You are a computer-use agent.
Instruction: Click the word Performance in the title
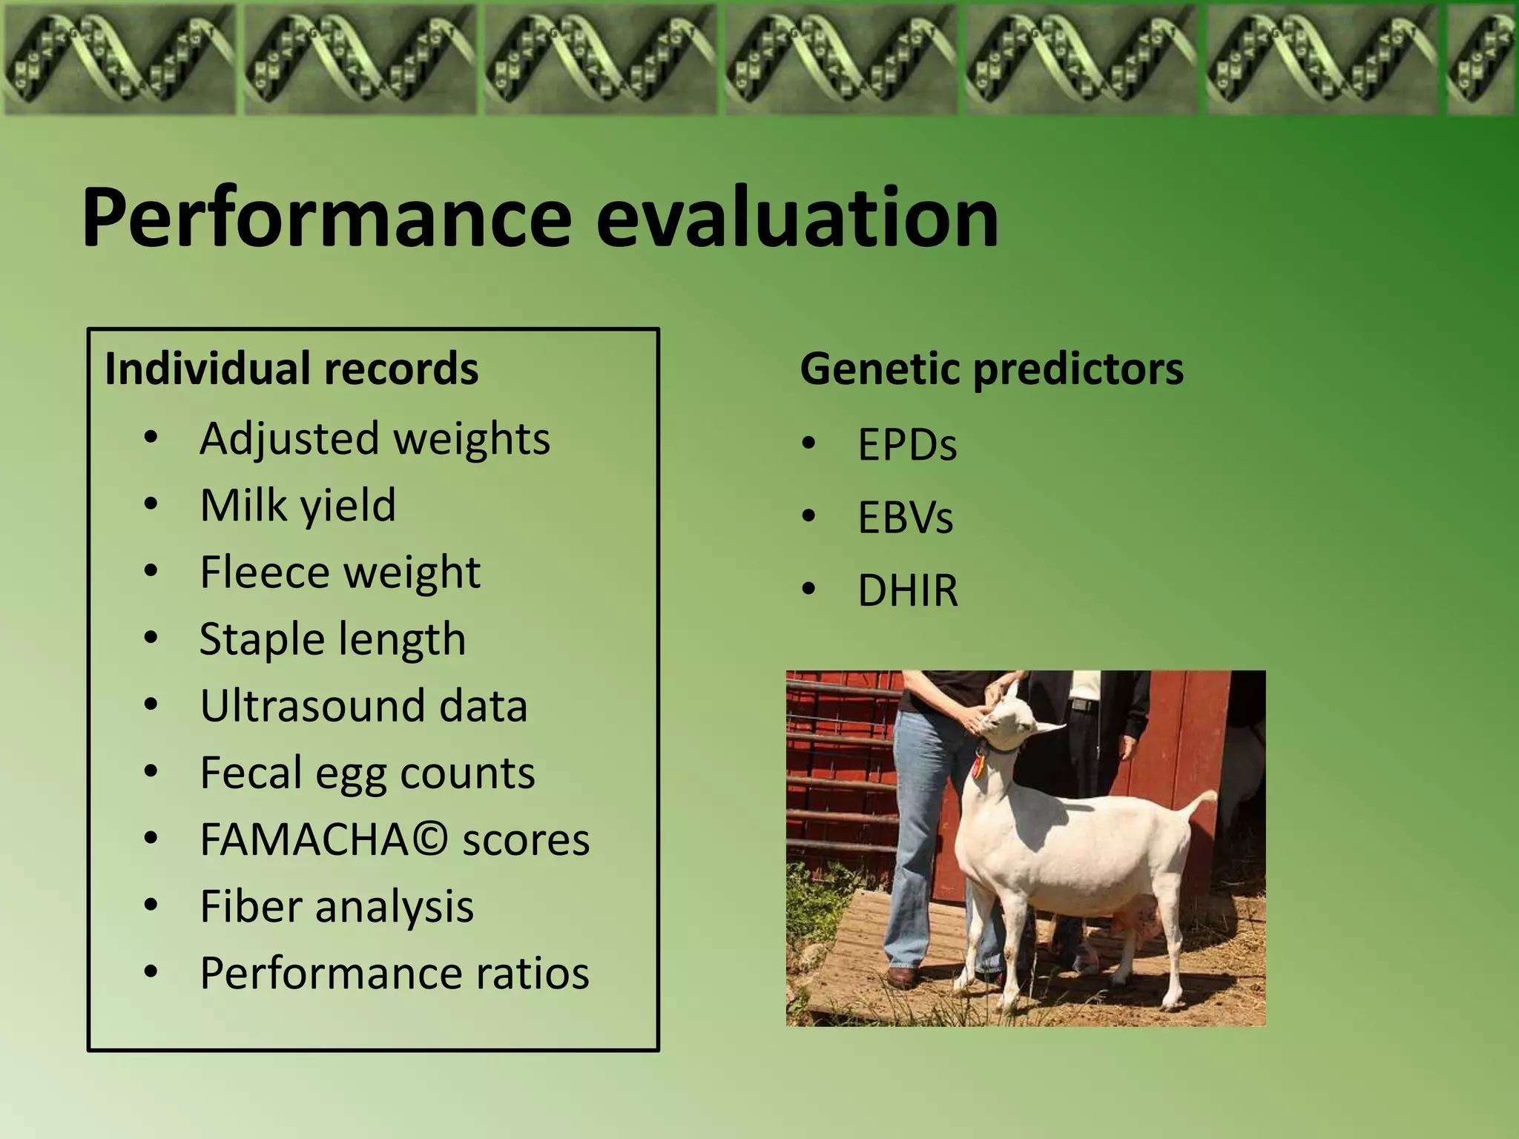coord(326,219)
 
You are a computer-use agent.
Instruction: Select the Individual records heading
coord(291,369)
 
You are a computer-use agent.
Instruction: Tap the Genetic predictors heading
coord(992,369)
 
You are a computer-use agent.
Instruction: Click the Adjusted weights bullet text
coord(375,438)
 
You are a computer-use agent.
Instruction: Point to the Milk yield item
coord(297,506)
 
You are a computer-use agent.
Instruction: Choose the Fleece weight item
coord(340,572)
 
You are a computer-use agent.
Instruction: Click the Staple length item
coord(332,639)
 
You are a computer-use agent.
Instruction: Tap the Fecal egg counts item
coord(367,773)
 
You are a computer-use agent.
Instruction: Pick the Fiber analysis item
coord(337,906)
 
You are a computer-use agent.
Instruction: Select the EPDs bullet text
coord(907,445)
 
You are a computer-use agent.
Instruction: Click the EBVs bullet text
coord(905,518)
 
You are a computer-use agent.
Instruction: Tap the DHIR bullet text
coord(908,590)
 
